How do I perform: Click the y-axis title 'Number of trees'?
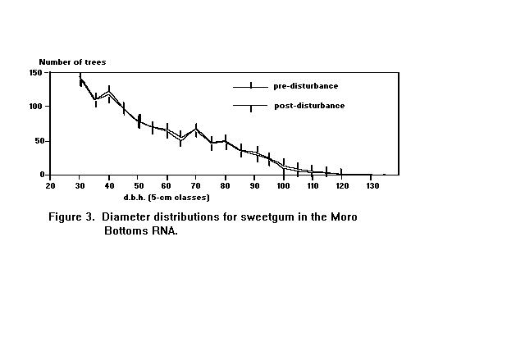tap(72, 62)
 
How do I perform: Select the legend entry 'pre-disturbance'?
tap(305, 85)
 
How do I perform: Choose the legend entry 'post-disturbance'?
tap(308, 106)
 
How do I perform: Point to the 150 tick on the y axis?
tap(35, 73)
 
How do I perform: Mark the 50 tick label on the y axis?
tap(38, 141)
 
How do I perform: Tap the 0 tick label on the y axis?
tap(40, 175)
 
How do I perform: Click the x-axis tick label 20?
tap(50, 185)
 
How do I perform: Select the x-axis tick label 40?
tap(108, 185)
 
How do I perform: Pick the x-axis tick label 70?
tap(196, 185)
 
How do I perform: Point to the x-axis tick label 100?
tap(284, 185)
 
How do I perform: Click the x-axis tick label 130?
tap(372, 185)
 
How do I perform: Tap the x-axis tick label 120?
tap(342, 185)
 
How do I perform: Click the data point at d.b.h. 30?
tap(80, 80)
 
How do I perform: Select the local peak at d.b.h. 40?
tap(108, 93)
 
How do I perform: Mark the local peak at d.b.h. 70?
tap(196, 129)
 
